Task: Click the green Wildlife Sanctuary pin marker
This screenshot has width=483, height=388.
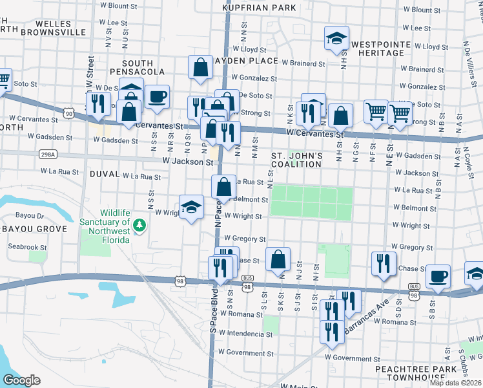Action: [139, 226]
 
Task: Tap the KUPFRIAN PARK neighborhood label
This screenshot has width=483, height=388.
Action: [259, 8]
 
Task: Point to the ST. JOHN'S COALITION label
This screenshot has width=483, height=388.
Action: [296, 160]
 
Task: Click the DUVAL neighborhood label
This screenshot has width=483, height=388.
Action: [105, 175]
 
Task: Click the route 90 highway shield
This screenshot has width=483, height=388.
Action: [68, 113]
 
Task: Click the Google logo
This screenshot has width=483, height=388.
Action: [21, 380]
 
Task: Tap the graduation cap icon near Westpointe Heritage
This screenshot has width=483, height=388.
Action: [336, 39]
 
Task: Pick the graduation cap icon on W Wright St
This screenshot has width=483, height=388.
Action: [191, 208]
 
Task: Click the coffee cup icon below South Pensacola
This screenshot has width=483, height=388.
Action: [157, 98]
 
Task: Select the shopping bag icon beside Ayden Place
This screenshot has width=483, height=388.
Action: [201, 67]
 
